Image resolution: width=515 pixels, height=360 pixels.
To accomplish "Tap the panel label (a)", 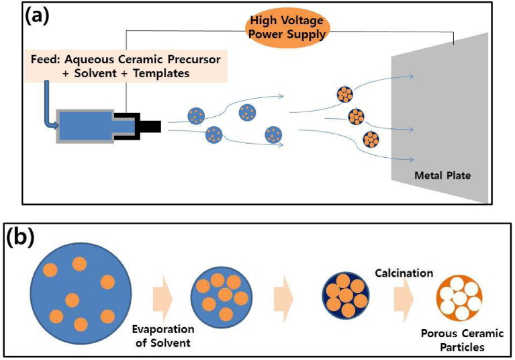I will pos(39,16).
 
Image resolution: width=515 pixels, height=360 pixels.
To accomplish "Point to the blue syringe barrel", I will pos(86,126).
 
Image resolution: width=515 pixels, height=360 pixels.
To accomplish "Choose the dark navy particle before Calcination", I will pos(346,296).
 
